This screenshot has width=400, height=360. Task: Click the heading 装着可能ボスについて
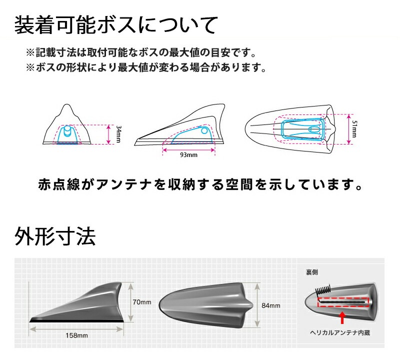(116, 25)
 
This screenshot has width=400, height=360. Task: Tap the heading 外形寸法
(55, 236)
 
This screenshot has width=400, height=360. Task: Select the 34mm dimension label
(118, 134)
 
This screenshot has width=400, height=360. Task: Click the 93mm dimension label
(188, 154)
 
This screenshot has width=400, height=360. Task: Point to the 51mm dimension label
(354, 129)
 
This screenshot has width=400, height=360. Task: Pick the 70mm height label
(142, 302)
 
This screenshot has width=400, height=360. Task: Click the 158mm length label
(76, 335)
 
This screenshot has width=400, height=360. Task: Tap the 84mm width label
(270, 305)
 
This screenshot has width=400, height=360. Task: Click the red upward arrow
(342, 318)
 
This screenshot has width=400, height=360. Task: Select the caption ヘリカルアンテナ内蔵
(340, 332)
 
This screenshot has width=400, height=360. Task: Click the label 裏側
(311, 272)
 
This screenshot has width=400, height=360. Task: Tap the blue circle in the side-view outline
(204, 130)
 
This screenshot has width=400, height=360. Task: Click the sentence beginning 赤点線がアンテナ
(200, 184)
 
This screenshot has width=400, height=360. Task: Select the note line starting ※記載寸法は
(141, 52)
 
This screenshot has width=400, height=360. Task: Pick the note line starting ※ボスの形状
(146, 67)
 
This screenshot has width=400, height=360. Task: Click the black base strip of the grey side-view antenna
(76, 320)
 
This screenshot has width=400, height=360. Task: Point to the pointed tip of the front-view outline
(66, 104)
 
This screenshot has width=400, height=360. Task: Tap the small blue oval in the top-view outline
(314, 129)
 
